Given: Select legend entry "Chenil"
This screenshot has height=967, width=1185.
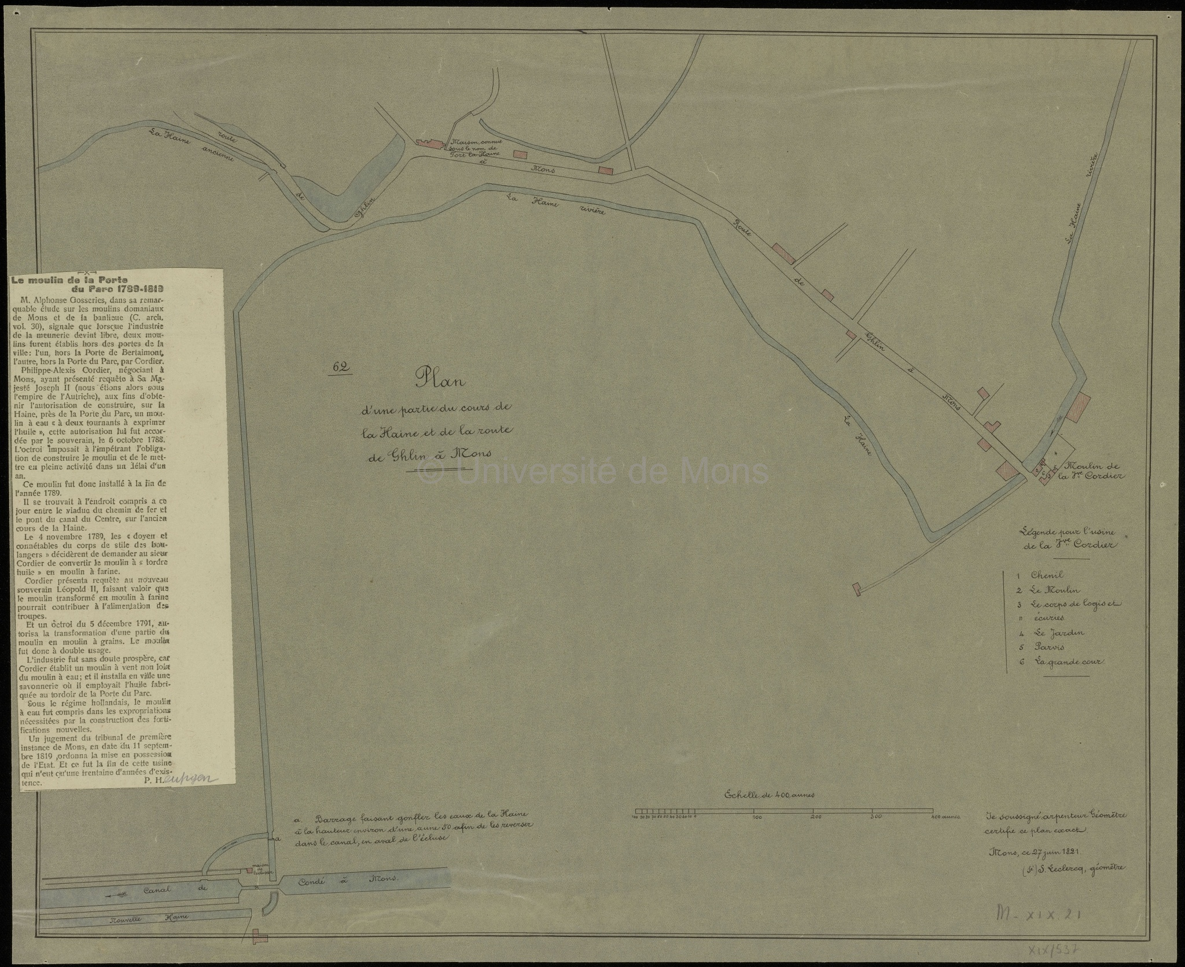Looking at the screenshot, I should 1047,576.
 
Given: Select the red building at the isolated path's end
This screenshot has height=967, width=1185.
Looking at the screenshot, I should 856,589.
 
